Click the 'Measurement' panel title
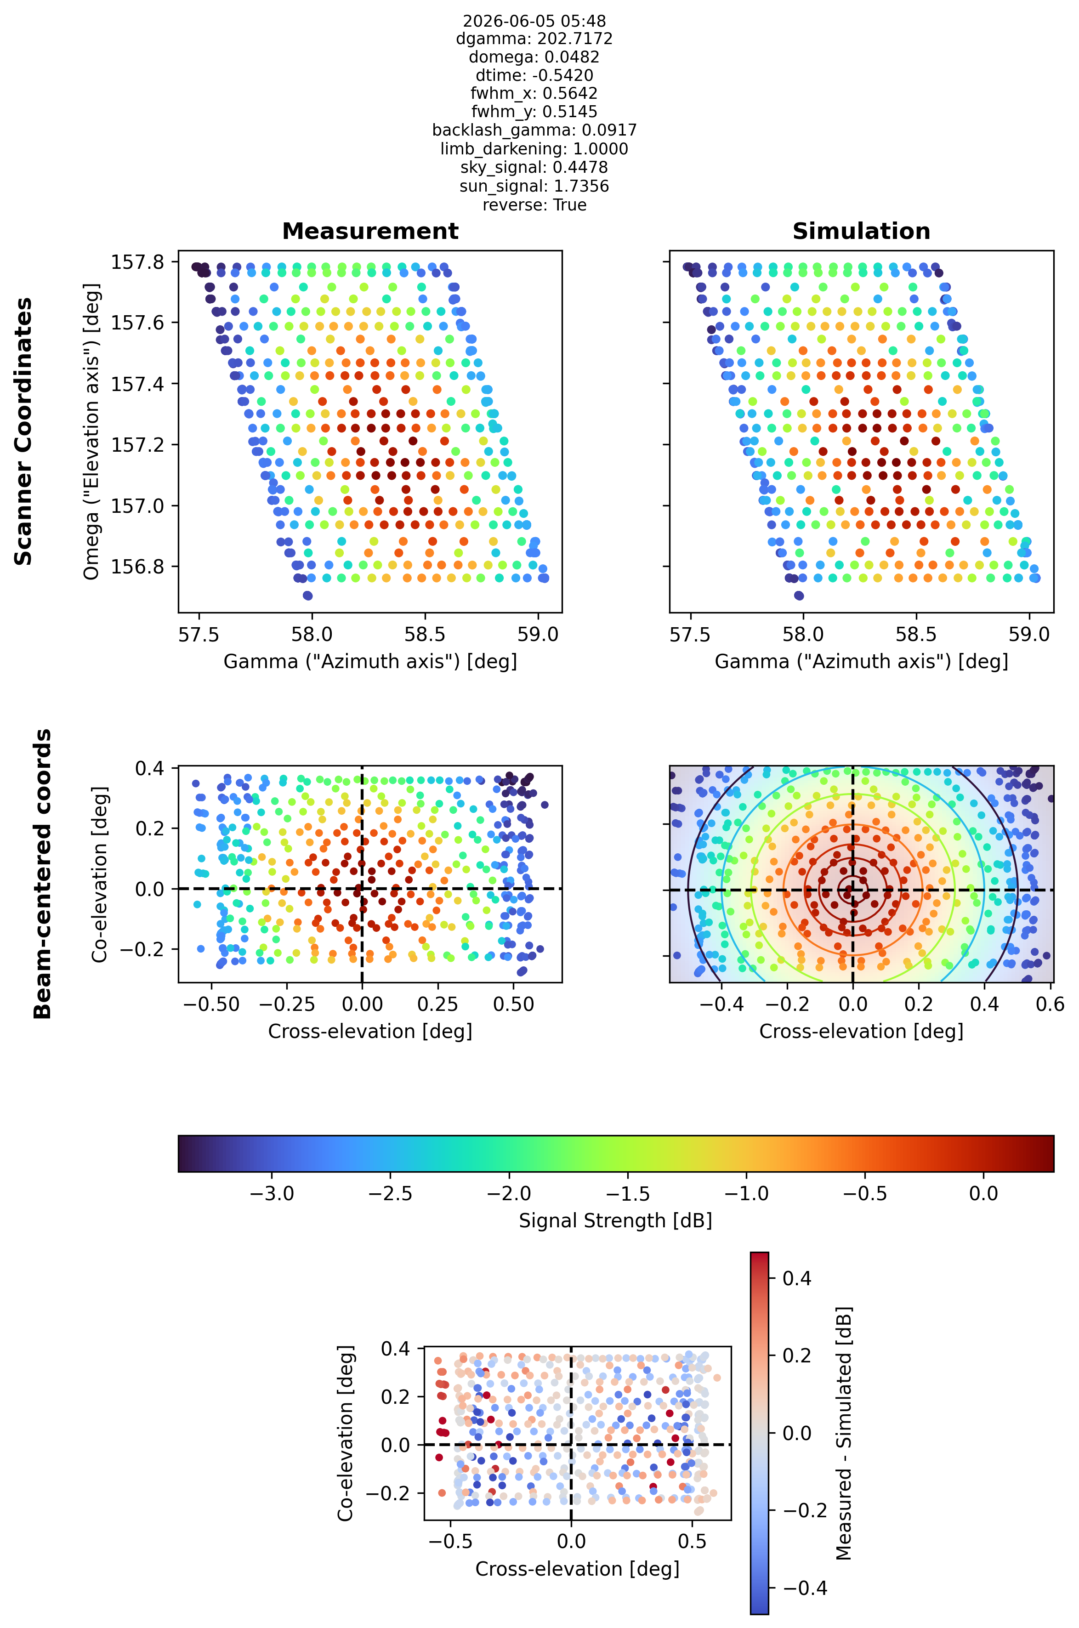coord(370,231)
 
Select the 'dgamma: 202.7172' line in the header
coord(534,39)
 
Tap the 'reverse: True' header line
coord(534,205)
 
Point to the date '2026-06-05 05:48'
coord(534,21)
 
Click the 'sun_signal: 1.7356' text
coord(534,187)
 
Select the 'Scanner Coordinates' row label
coord(23,431)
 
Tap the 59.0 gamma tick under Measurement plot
coord(538,635)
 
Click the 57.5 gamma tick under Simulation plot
coord(690,635)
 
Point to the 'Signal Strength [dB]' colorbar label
coord(615,1221)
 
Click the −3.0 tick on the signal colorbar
coord(271,1194)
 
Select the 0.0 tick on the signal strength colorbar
coord(983,1194)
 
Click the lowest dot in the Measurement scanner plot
coord(307,595)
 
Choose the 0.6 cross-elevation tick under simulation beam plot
coord(1050,1004)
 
